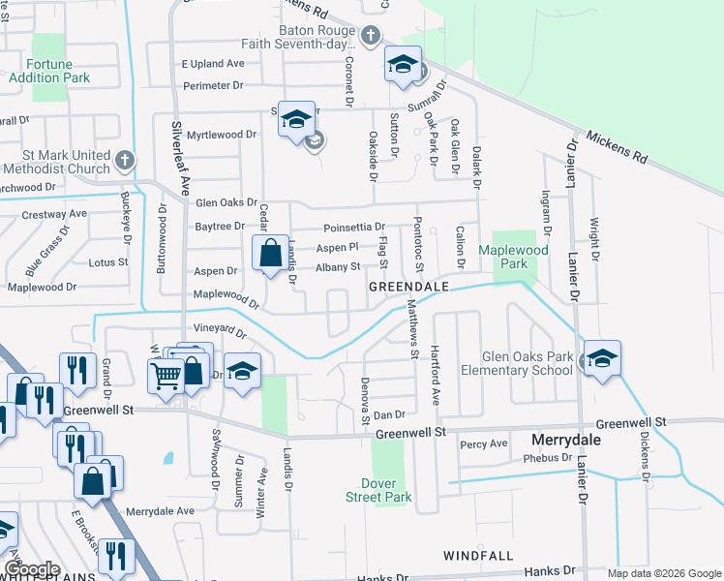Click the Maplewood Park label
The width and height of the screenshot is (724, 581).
[x=513, y=257]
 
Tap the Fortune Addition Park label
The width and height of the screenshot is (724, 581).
[x=49, y=71]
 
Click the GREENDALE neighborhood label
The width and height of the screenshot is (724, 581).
[x=407, y=288]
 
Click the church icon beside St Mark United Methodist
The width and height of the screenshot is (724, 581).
[x=124, y=160]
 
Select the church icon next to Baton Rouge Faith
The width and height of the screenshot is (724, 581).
[x=369, y=37]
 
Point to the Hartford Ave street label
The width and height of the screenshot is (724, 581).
[x=436, y=375]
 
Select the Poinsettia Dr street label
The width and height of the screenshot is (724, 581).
[x=353, y=227]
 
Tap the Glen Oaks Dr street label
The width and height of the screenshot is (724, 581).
[x=226, y=203]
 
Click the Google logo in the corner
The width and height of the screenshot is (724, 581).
[x=33, y=569]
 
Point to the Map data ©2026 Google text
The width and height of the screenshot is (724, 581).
[x=663, y=573]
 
